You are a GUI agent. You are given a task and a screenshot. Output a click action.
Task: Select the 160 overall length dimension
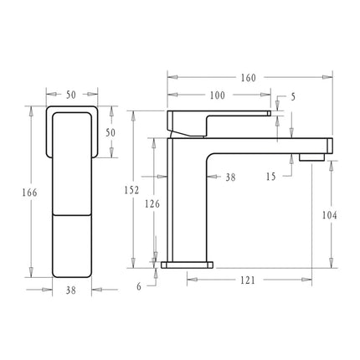click(x=249, y=79)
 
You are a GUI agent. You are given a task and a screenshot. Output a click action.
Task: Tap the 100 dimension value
click(x=217, y=95)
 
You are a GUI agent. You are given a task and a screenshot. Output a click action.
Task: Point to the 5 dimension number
click(x=293, y=98)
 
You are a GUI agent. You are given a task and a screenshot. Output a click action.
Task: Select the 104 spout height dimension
click(x=329, y=215)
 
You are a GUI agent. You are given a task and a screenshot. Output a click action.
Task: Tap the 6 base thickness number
click(x=139, y=285)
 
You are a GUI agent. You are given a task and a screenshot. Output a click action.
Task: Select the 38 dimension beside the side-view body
click(x=230, y=177)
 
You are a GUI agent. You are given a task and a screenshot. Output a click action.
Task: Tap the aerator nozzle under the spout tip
click(x=311, y=156)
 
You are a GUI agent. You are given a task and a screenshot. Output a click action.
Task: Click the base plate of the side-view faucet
click(x=188, y=265)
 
